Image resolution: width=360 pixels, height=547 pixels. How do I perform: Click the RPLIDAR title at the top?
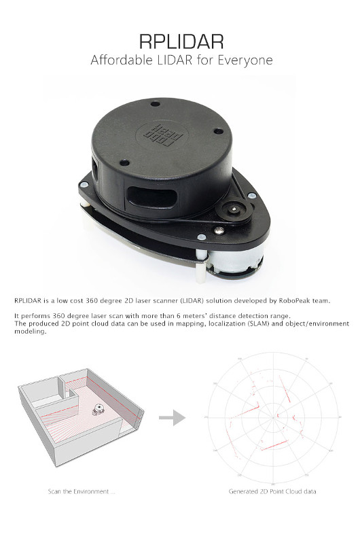tap(181, 41)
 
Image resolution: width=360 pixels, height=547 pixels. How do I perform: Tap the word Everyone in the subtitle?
tap(245, 60)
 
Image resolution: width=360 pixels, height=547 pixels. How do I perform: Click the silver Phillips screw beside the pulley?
tap(219, 230)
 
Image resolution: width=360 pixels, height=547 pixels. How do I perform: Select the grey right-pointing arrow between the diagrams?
tap(172, 418)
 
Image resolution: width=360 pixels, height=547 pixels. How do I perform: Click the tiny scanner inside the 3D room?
tap(98, 409)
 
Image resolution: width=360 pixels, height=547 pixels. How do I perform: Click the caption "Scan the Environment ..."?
tap(82, 491)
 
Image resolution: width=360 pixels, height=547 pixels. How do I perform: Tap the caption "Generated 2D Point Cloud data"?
tap(272, 491)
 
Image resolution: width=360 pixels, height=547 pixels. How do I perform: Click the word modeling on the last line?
tap(30, 332)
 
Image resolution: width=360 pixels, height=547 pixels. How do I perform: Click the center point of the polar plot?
tap(273, 417)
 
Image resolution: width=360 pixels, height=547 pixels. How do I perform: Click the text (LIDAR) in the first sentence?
tap(192, 300)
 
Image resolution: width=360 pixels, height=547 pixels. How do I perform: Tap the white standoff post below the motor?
tap(200, 272)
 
